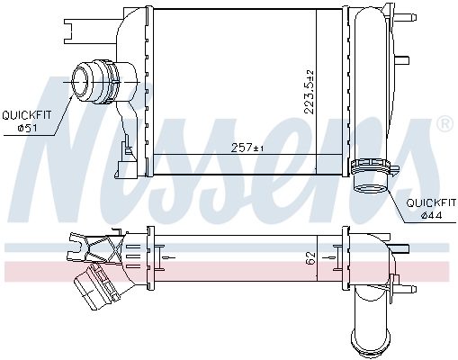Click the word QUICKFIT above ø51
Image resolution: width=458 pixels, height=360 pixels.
28,114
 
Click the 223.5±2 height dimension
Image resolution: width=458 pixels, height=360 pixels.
310,91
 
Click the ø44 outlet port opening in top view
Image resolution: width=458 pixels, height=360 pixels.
370,188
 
